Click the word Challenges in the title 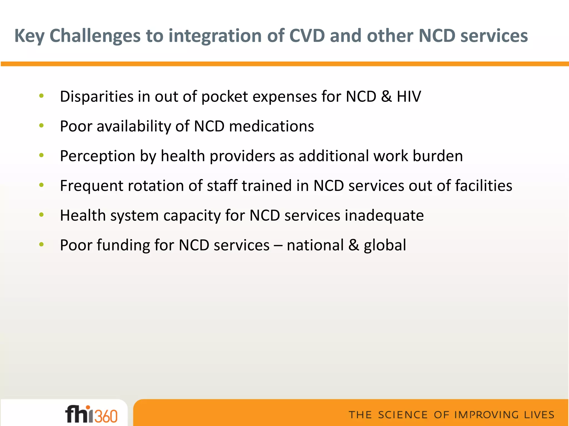point(95,36)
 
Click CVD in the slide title point(307,36)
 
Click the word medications point(271,126)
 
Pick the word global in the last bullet point(385,245)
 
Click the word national point(315,245)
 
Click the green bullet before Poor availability point(41,126)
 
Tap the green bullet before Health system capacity point(41,215)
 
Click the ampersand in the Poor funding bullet point(354,245)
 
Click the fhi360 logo point(91,414)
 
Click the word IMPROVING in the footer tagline point(487,415)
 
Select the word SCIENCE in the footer point(403,415)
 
